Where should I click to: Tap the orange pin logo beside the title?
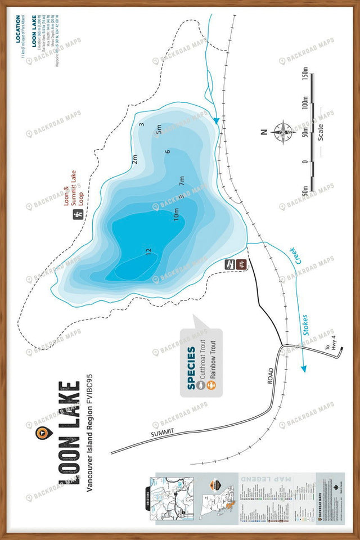[x=43, y=432]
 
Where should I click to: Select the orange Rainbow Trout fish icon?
[x=213, y=385]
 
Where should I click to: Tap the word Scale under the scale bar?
[x=320, y=134]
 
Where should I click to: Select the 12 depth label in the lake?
[x=148, y=253]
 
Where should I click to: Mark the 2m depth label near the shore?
[x=134, y=160]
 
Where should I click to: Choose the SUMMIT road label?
[x=163, y=433]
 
